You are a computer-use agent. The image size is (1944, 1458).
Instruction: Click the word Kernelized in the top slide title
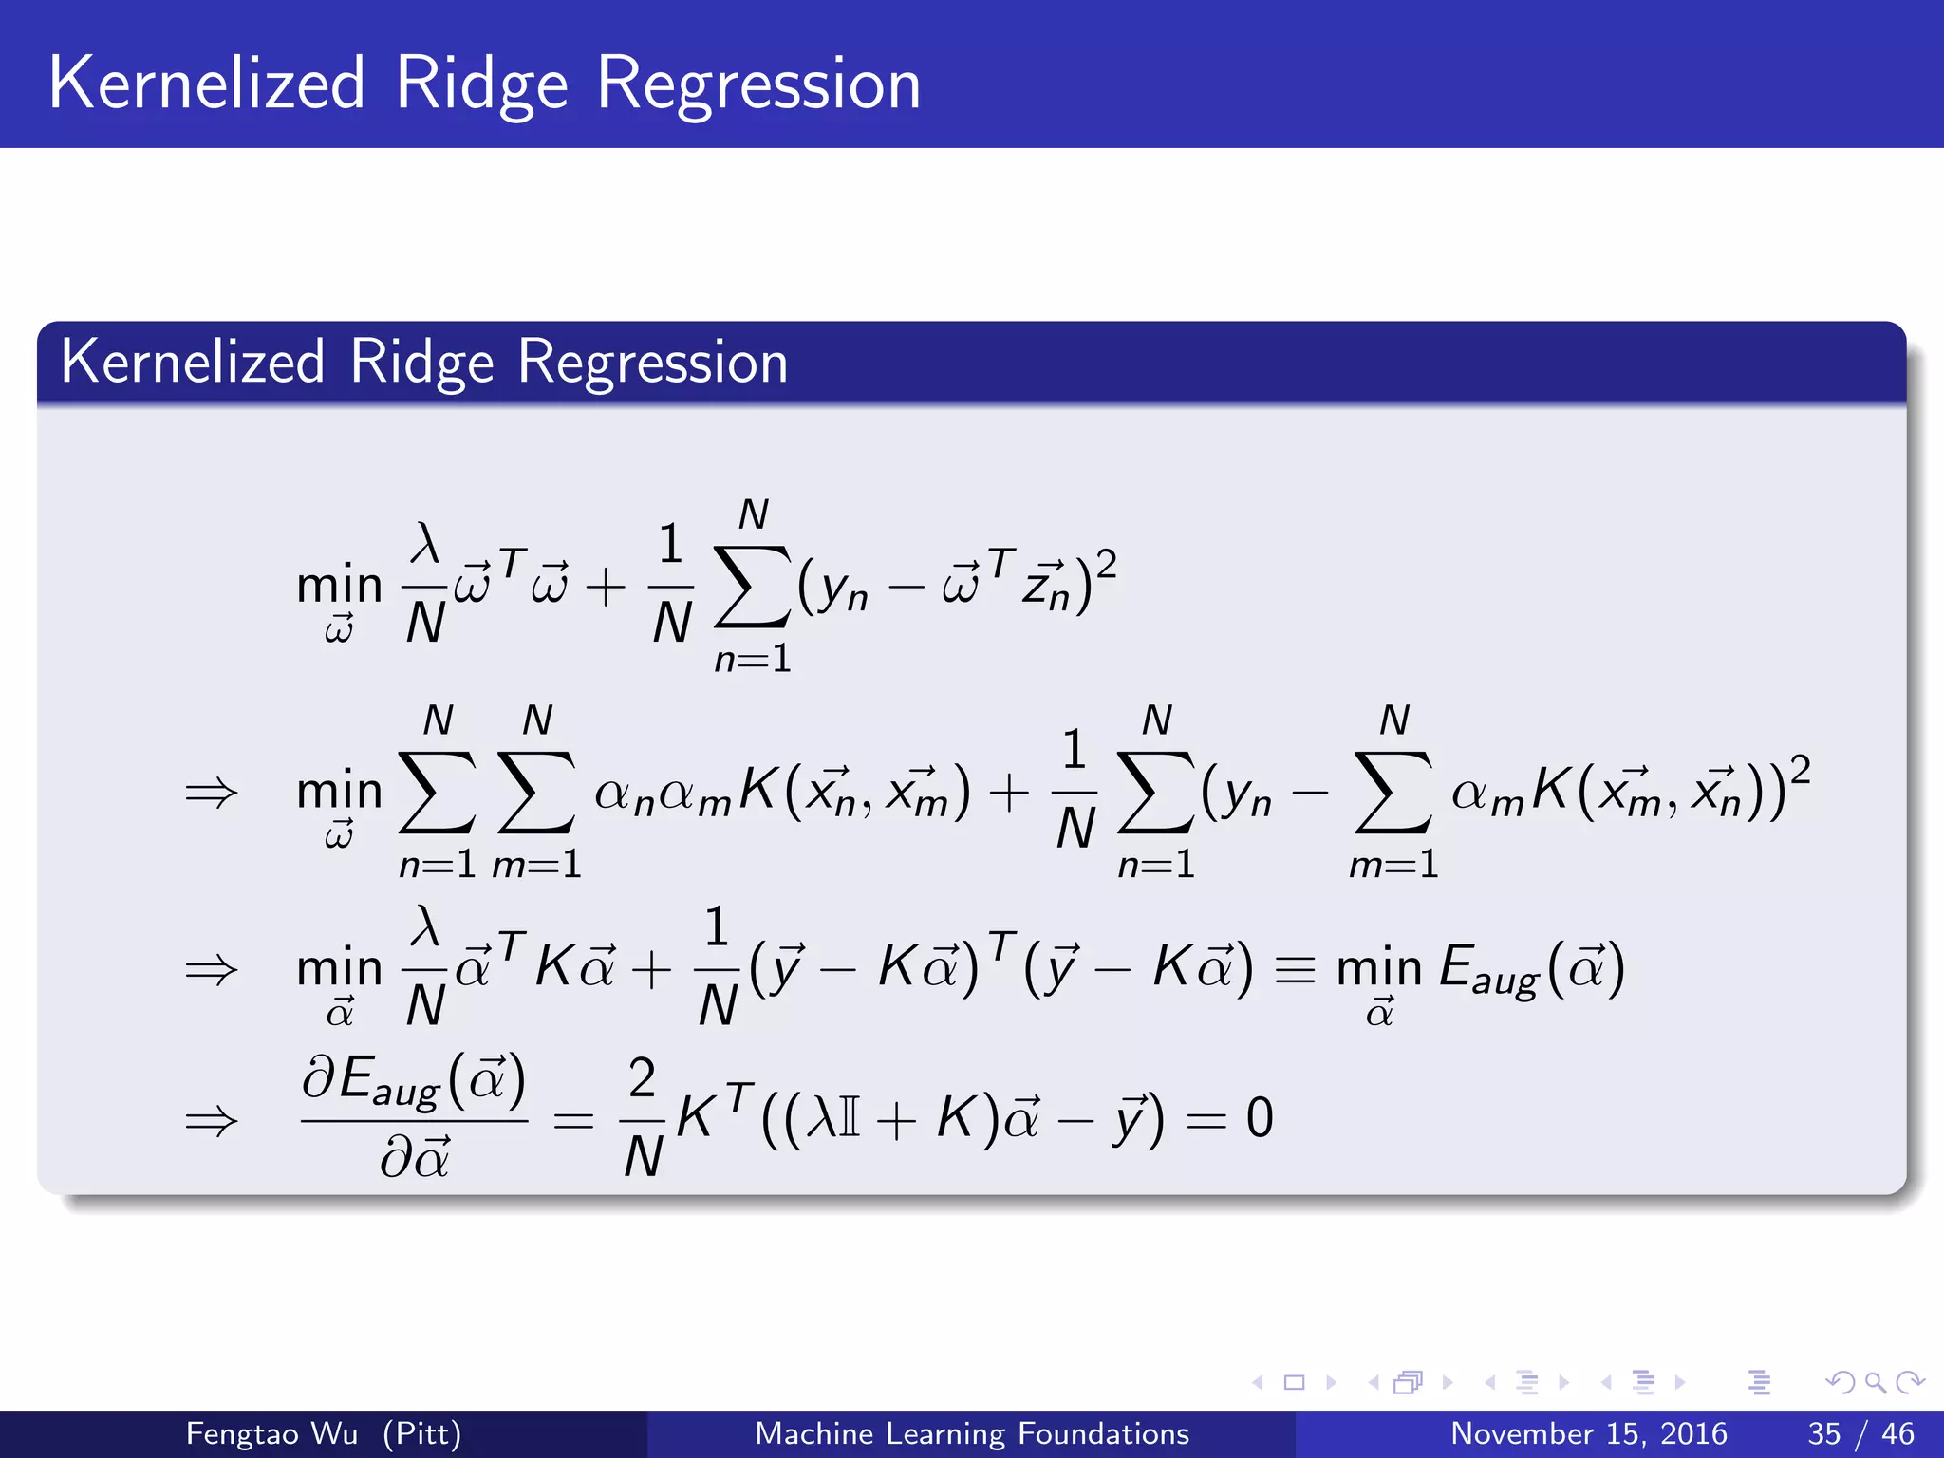tap(206, 84)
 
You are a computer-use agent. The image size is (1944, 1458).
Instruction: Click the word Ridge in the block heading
tap(421, 363)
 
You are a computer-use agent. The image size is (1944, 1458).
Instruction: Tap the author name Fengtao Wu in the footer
tap(271, 1433)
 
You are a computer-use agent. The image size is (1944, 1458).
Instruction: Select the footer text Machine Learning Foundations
tap(971, 1433)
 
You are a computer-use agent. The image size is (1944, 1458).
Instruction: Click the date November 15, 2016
tap(1588, 1433)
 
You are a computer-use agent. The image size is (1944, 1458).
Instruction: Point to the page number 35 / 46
tap(1860, 1433)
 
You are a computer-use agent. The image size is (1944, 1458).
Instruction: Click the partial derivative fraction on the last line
tap(414, 1118)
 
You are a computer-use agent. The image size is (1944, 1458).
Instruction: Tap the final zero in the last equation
tap(1259, 1118)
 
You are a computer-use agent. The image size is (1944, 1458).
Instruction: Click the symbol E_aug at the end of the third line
tap(1486, 970)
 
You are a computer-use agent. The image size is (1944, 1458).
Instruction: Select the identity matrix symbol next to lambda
tap(850, 1118)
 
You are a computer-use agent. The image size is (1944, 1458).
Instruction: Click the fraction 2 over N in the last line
tap(643, 1118)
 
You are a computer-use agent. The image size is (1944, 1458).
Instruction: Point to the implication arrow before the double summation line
tap(211, 793)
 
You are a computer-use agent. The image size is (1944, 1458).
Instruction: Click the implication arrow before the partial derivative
tap(211, 1122)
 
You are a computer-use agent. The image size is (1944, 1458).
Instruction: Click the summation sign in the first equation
tap(752, 587)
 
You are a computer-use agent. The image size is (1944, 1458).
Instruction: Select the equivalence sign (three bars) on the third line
tap(1295, 970)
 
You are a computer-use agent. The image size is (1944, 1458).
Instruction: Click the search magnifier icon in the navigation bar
tap(1875, 1382)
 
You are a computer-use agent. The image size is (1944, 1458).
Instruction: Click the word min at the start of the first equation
tap(339, 586)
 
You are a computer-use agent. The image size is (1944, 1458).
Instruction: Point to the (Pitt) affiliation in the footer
tap(421, 1433)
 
